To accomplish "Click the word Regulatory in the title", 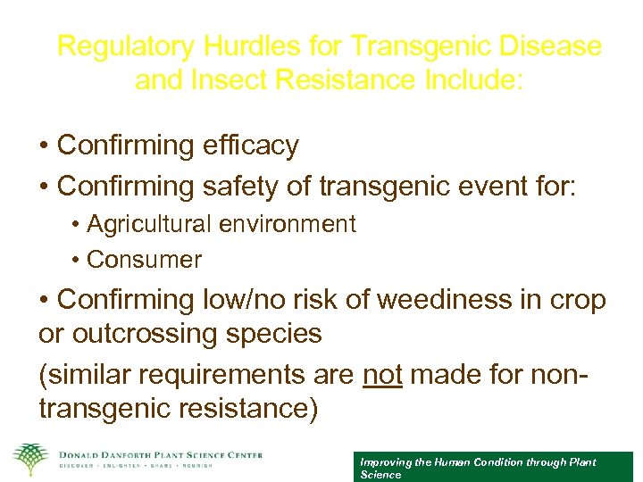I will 125,46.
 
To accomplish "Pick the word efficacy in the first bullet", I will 255,145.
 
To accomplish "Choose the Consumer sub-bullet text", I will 145,260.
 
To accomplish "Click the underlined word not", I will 382,375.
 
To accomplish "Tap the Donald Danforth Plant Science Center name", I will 160,455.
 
